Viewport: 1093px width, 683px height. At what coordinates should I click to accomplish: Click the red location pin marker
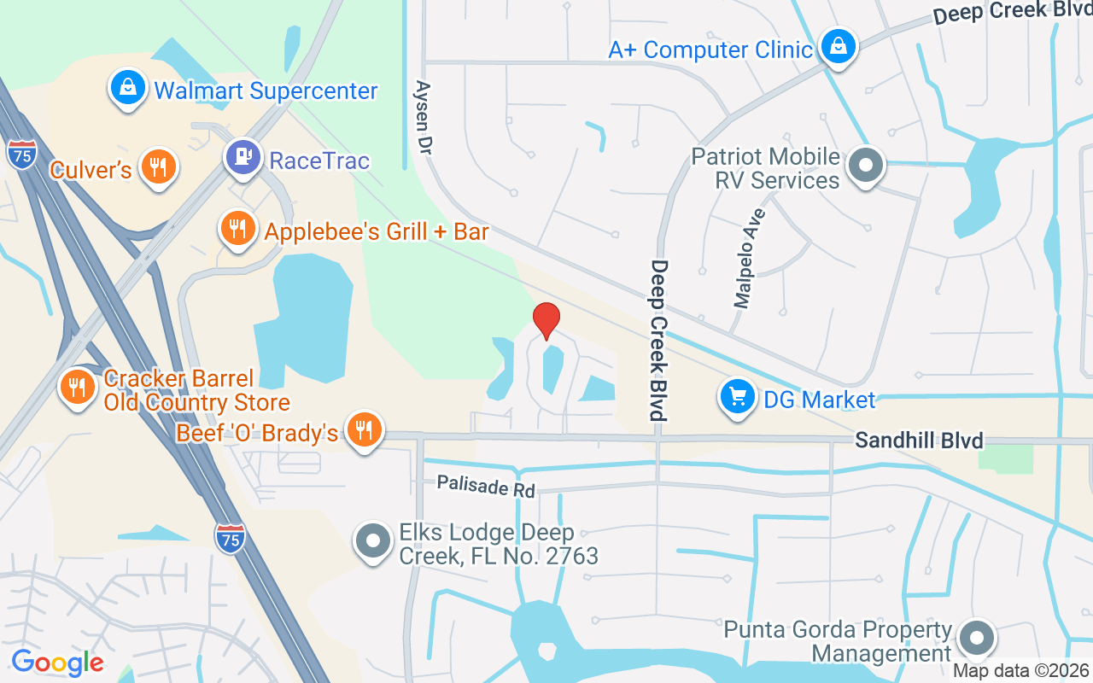pyautogui.click(x=546, y=321)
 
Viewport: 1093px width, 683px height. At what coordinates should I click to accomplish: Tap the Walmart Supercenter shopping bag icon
pyautogui.click(x=128, y=89)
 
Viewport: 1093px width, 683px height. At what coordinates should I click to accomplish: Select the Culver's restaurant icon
pyautogui.click(x=157, y=166)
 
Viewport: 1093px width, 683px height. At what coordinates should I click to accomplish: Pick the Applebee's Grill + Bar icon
pyautogui.click(x=237, y=229)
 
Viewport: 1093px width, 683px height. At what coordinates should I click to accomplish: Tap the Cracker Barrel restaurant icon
pyautogui.click(x=78, y=387)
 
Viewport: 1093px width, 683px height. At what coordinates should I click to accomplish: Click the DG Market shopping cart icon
pyautogui.click(x=737, y=397)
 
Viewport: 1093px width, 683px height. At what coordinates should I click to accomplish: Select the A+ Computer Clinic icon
pyautogui.click(x=839, y=46)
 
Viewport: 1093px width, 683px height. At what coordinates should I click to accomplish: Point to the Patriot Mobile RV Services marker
pyautogui.click(x=866, y=166)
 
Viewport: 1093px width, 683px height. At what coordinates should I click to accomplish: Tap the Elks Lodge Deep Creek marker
pyautogui.click(x=373, y=542)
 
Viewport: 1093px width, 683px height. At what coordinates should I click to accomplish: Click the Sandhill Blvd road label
pyautogui.click(x=919, y=441)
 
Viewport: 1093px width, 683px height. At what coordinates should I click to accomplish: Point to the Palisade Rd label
pyautogui.click(x=485, y=486)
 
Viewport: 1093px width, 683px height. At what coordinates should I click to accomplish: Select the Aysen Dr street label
pyautogui.click(x=423, y=116)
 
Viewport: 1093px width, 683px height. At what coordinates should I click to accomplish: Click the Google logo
pyautogui.click(x=57, y=662)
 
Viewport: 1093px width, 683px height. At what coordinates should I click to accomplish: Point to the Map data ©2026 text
pyautogui.click(x=1020, y=671)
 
